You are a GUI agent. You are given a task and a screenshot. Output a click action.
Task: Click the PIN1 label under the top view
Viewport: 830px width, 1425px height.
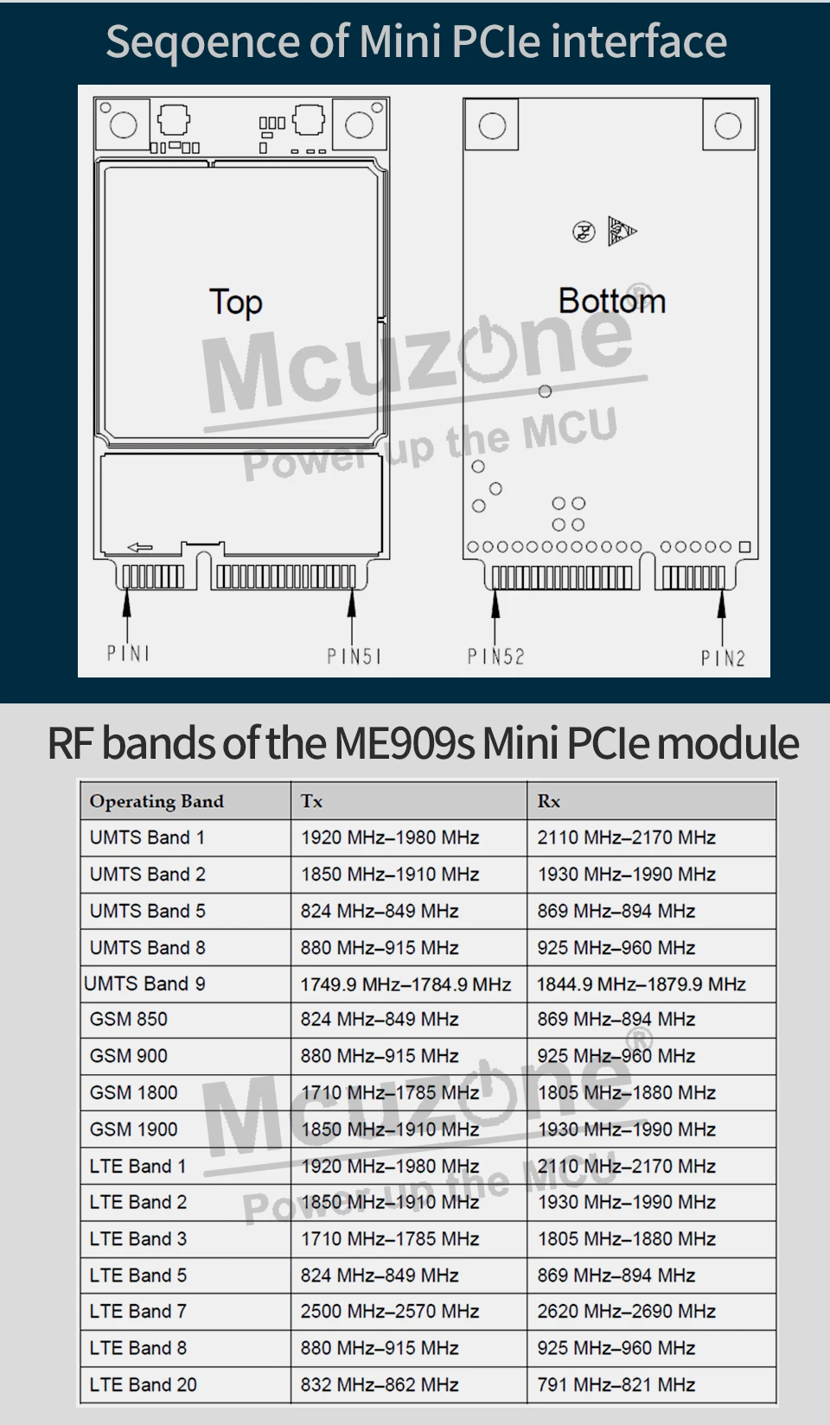pyautogui.click(x=128, y=653)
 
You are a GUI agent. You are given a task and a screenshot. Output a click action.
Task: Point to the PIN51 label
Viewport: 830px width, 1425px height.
pyautogui.click(x=354, y=657)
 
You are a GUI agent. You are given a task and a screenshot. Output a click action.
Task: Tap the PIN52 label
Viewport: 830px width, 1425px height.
pyautogui.click(x=495, y=657)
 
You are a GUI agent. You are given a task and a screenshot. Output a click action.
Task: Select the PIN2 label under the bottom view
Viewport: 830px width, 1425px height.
pyautogui.click(x=723, y=658)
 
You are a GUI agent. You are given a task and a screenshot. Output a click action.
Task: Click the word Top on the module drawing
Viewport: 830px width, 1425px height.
pyautogui.click(x=235, y=302)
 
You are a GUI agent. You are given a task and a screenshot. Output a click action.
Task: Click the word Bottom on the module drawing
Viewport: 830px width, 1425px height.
pyautogui.click(x=611, y=301)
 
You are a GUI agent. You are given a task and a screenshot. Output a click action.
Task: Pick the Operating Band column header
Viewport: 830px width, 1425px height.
pyautogui.click(x=156, y=801)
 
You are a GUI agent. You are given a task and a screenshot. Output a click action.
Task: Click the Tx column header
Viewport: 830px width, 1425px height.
pyautogui.click(x=311, y=801)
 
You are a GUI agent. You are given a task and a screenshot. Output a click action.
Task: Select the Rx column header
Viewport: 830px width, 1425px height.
pyautogui.click(x=548, y=801)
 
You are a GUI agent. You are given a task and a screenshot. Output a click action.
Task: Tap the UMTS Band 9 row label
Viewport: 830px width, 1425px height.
pyautogui.click(x=144, y=983)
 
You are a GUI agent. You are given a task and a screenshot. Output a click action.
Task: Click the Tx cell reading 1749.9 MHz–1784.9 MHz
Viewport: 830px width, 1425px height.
pyautogui.click(x=405, y=984)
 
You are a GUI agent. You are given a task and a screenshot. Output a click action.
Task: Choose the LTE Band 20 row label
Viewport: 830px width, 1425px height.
pyautogui.click(x=143, y=1384)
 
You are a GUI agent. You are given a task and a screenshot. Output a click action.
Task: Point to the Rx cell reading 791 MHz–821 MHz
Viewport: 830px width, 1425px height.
pyautogui.click(x=616, y=1384)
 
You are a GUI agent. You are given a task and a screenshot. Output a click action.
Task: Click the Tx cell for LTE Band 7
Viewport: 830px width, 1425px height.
pyautogui.click(x=389, y=1311)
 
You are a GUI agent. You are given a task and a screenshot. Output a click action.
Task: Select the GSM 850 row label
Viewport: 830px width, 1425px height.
pyautogui.click(x=128, y=1019)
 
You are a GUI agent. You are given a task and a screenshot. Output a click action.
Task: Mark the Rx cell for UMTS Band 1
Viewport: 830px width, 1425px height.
pyautogui.click(x=626, y=837)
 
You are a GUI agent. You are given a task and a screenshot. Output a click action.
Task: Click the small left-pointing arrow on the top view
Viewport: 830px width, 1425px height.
pyautogui.click(x=139, y=547)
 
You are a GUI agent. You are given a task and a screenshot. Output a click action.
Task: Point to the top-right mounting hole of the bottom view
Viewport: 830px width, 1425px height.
pyautogui.click(x=728, y=126)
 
